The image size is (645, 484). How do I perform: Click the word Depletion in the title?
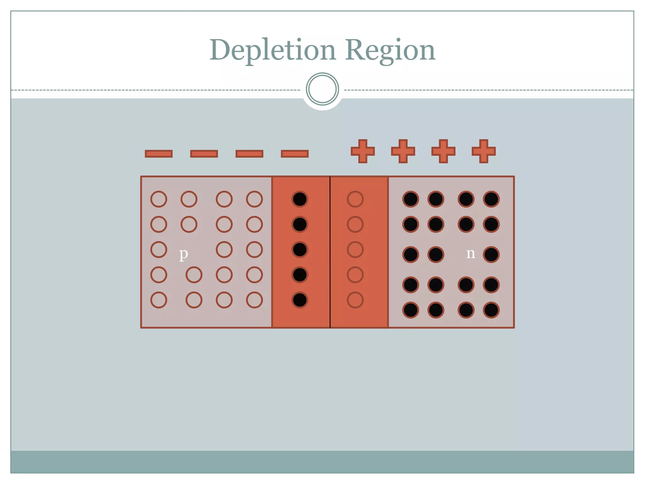click(x=273, y=50)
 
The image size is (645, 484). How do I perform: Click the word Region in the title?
click(x=390, y=50)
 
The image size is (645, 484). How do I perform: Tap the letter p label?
click(x=184, y=254)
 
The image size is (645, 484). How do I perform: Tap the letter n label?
click(x=471, y=253)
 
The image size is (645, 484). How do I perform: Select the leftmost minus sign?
click(x=159, y=154)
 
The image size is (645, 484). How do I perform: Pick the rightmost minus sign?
click(x=295, y=154)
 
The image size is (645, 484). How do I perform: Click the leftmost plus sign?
click(x=363, y=151)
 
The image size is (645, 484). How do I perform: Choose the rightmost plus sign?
click(x=484, y=151)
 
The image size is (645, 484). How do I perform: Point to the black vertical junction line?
click(x=330, y=252)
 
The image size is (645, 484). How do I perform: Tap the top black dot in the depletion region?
click(x=300, y=199)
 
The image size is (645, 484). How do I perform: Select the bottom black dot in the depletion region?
click(x=300, y=300)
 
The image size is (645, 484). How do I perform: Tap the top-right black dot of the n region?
click(x=491, y=199)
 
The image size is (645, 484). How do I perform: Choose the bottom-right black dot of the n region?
click(x=491, y=310)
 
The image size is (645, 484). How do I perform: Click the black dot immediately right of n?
click(x=491, y=255)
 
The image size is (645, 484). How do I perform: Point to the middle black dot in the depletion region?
click(x=300, y=250)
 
